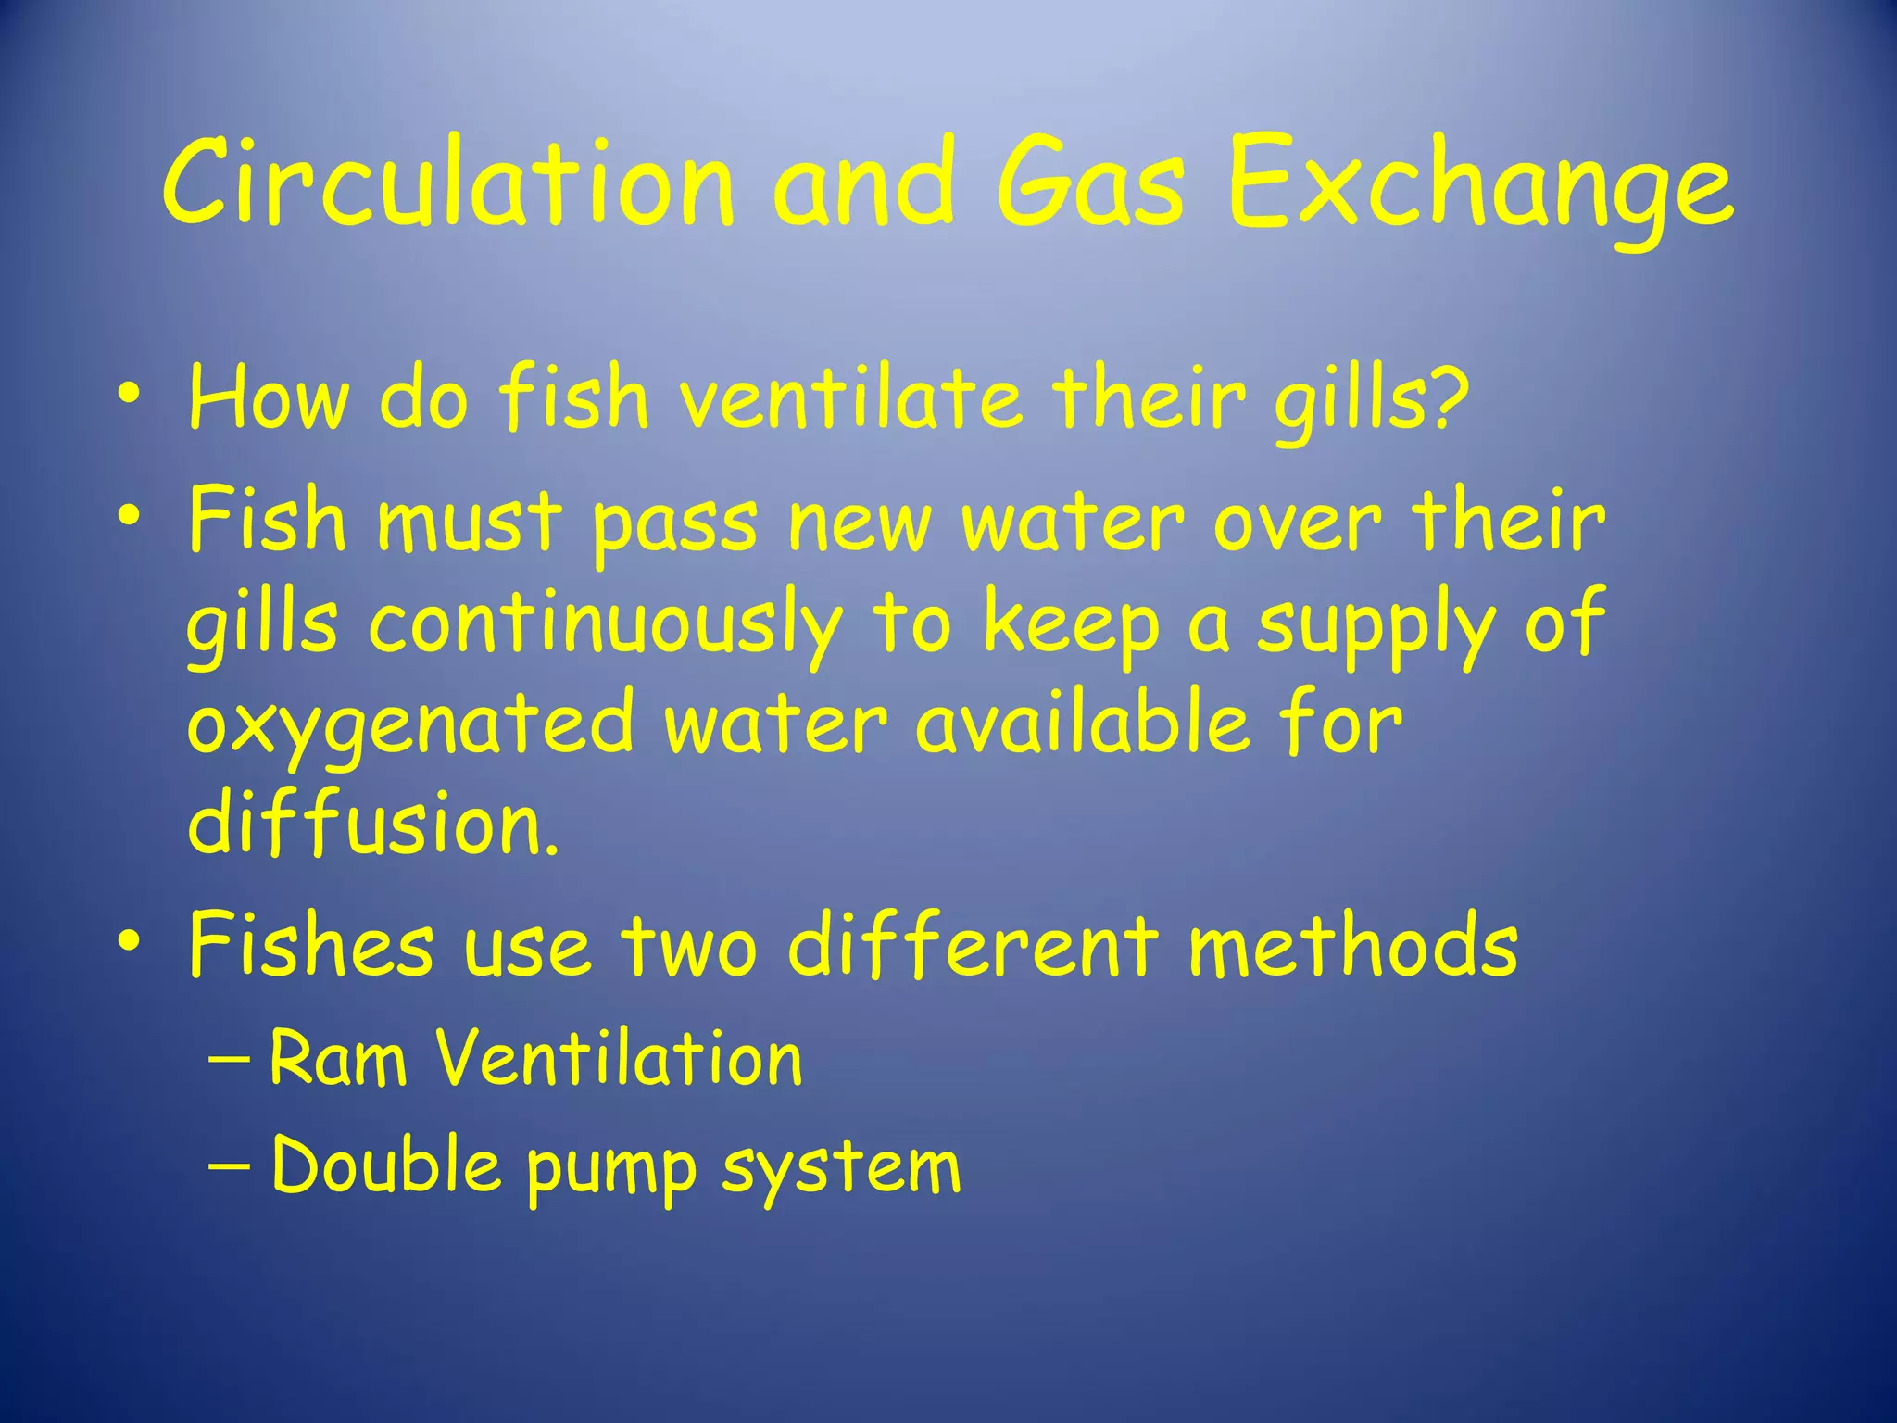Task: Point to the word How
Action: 269,398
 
